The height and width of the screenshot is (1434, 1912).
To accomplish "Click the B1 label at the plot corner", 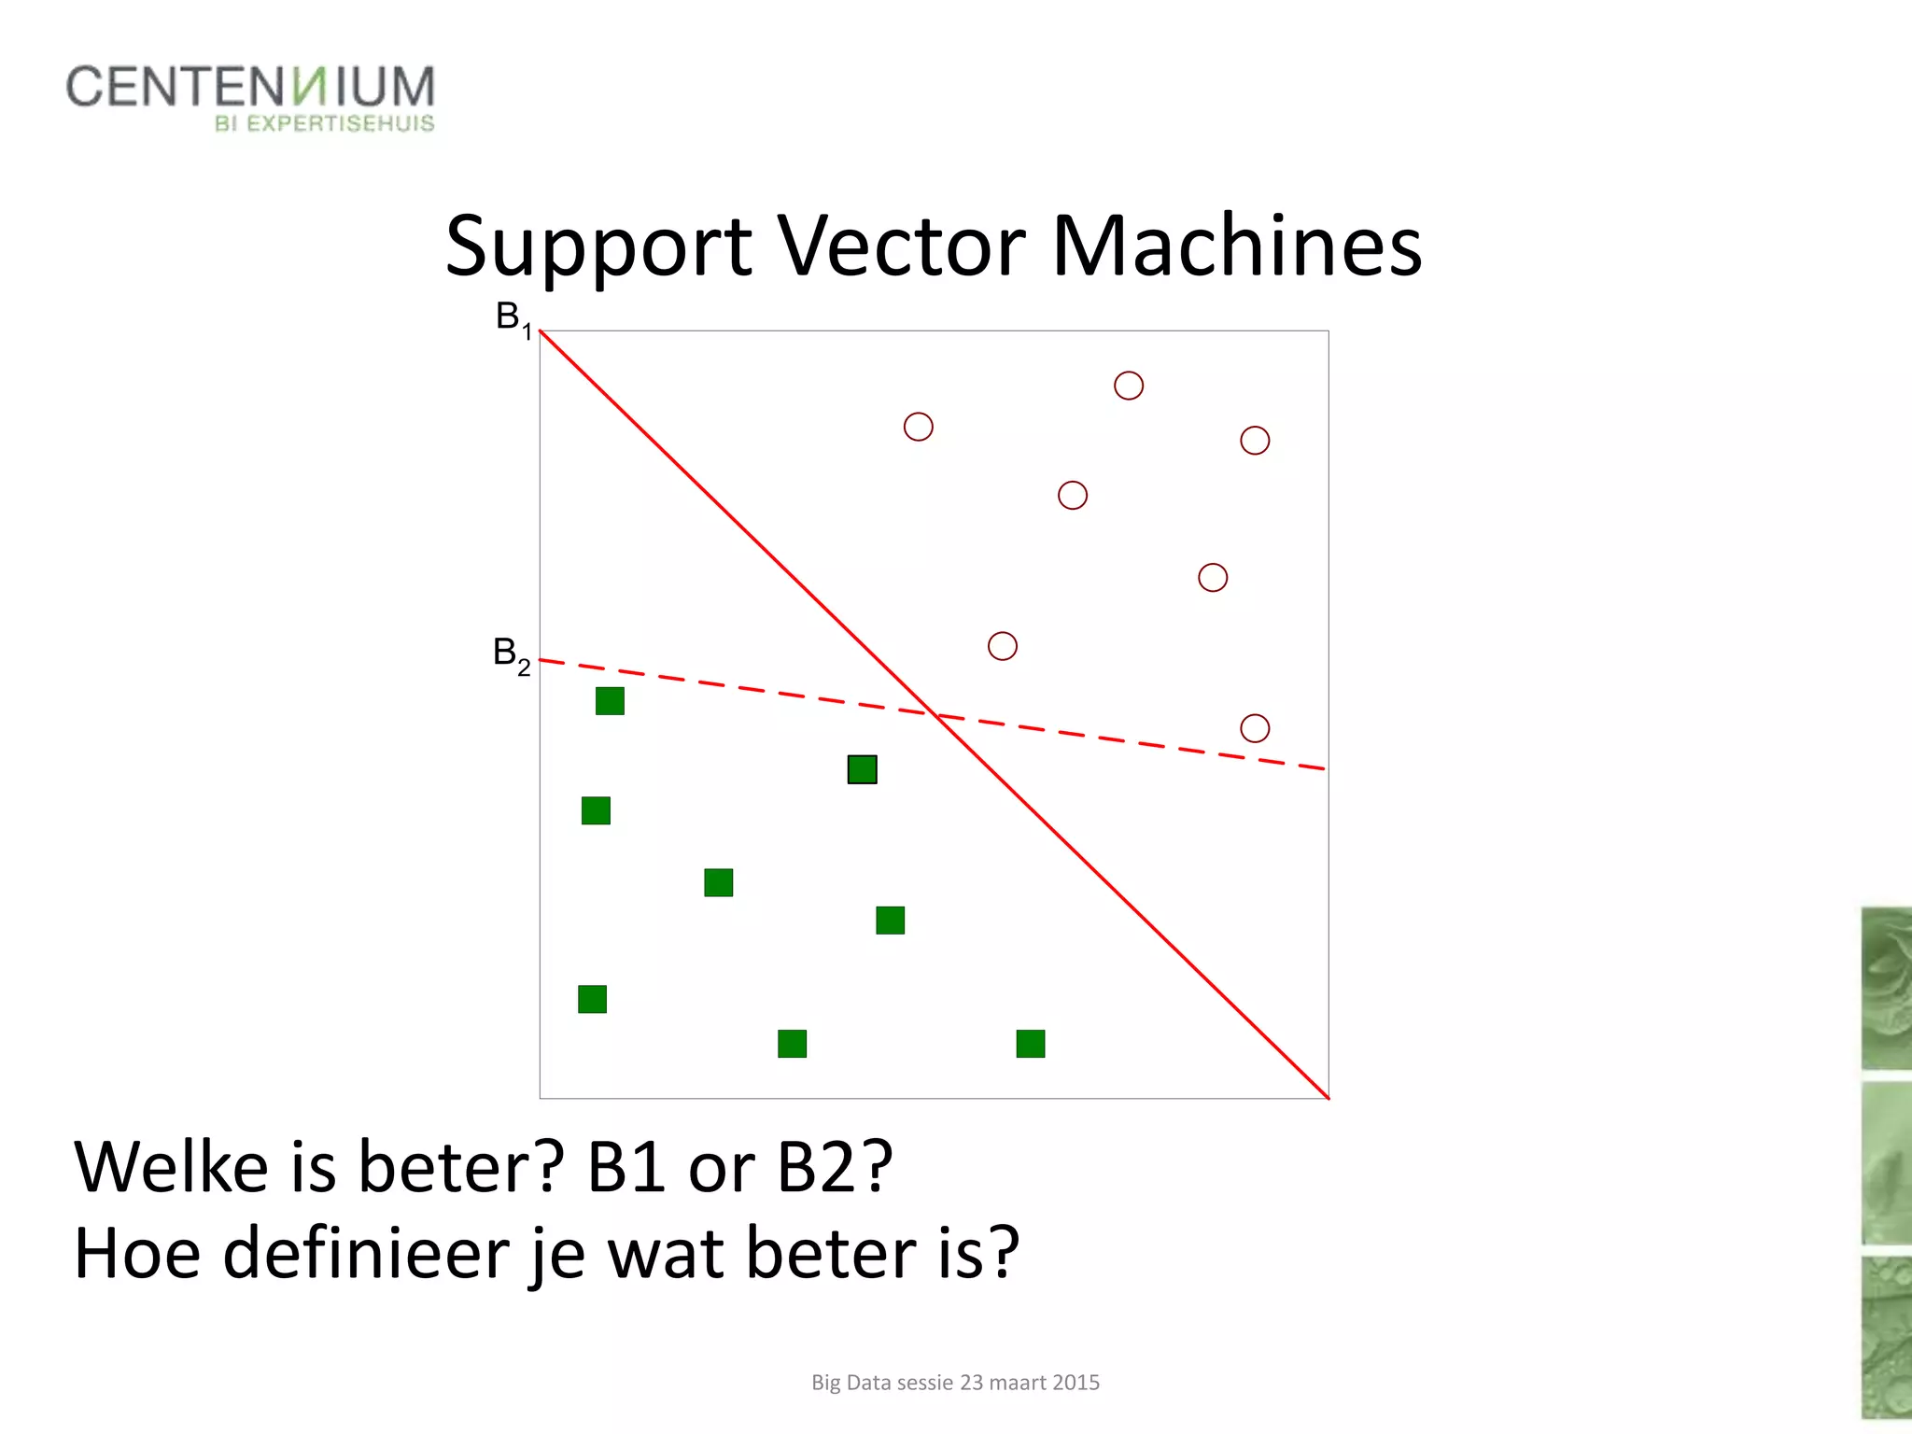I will point(513,319).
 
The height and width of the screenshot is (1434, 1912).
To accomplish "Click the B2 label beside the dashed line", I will point(511,654).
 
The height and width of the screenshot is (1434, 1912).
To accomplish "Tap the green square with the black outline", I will point(862,769).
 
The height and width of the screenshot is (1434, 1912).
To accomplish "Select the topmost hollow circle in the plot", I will point(1128,386).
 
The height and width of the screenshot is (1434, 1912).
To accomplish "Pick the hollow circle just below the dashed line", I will point(1254,728).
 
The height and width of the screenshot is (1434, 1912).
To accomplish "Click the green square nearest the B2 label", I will point(610,701).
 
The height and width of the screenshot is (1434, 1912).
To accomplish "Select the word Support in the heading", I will point(597,247).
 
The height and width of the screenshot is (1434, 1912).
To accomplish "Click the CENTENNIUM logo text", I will point(250,87).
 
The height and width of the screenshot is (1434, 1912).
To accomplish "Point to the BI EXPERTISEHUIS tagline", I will point(324,124).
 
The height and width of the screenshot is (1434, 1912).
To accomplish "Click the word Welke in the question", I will point(172,1167).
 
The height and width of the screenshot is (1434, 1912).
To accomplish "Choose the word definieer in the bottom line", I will point(368,1253).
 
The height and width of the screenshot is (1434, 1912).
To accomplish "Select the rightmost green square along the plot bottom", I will point(1030,1044).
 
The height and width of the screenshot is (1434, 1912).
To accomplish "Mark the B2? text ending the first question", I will point(835,1167).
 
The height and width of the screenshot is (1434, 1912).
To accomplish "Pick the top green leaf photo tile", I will point(1886,988).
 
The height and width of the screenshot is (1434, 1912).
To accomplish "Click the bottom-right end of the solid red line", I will point(1327,1097).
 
